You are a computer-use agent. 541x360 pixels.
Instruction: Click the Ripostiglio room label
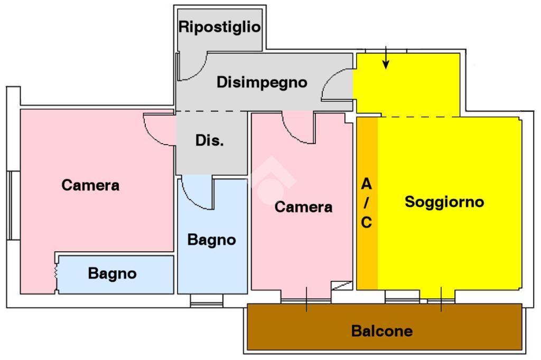tap(219, 27)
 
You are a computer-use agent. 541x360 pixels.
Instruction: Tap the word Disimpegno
tap(262, 83)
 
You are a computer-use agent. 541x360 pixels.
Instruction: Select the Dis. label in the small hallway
tap(209, 140)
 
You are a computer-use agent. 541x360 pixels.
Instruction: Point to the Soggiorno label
tap(444, 202)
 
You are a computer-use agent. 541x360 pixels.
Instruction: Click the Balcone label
tap(382, 331)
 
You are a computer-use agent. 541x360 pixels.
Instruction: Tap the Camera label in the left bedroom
tap(90, 185)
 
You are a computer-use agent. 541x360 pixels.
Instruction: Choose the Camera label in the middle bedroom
tap(304, 207)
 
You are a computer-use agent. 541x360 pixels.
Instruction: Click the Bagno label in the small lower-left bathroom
tap(113, 273)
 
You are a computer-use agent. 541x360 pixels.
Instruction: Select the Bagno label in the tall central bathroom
tap(212, 240)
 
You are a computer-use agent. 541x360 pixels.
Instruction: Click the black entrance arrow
tap(386, 58)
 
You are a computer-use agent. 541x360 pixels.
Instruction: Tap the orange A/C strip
tap(367, 203)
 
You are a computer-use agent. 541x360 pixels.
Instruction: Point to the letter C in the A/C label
tap(367, 223)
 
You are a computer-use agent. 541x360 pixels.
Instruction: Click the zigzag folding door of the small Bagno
tap(56, 272)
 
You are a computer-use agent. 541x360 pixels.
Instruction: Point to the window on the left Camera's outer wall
tap(13, 205)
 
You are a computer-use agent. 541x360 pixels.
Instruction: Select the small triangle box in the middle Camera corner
tap(342, 286)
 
